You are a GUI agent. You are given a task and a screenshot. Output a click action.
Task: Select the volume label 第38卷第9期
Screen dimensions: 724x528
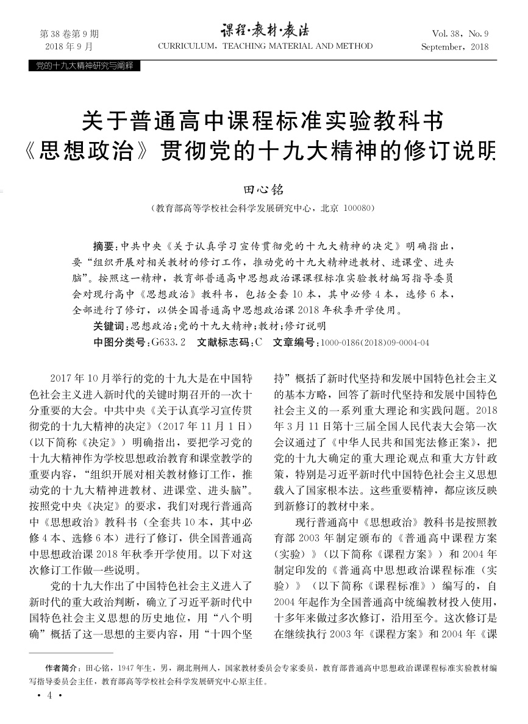(69, 34)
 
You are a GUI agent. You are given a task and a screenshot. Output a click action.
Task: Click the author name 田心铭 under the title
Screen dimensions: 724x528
(263, 190)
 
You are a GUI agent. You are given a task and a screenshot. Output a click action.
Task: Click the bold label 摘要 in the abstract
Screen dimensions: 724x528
(103, 247)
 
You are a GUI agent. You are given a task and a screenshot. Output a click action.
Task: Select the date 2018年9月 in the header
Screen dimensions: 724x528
(69, 46)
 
